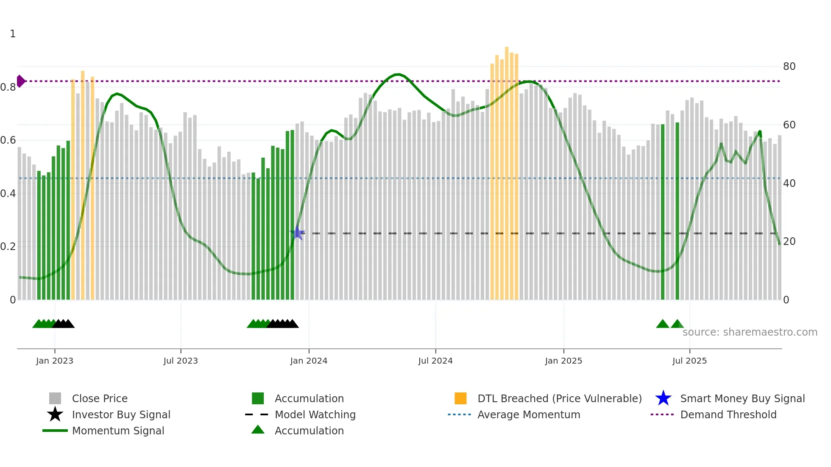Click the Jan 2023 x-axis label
55,361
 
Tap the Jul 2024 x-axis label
435,361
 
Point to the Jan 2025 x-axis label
563,361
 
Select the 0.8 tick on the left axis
8,87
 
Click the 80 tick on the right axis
789,67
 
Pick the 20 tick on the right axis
789,242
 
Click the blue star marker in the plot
298,233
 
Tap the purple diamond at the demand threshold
20,81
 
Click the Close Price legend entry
100,398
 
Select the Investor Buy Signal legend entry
121,414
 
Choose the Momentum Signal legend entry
118,431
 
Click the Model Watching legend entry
315,414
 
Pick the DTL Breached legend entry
559,398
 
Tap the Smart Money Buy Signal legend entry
742,398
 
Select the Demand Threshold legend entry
728,414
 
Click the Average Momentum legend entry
528,414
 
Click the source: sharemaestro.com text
750,332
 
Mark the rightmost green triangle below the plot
677,324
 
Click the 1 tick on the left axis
13,34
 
